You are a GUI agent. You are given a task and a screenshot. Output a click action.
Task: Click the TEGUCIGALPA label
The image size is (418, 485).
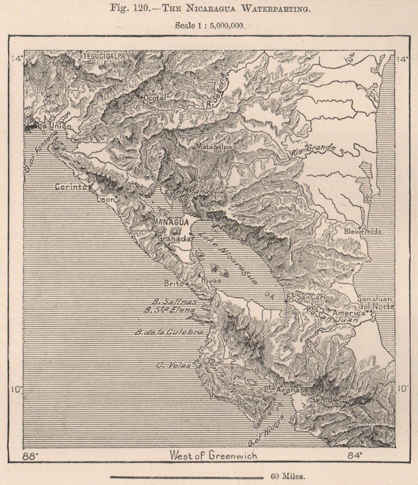pos(103,56)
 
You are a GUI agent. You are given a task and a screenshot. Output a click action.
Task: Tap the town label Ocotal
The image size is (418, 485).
pos(155,98)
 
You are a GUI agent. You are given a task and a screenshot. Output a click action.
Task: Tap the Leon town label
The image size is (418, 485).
pos(106,199)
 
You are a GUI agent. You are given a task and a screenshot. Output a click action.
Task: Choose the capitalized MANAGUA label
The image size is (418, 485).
pos(170,222)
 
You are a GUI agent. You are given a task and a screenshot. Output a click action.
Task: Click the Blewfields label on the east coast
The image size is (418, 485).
pos(363,232)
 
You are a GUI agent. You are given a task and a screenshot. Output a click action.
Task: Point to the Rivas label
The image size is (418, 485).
pos(210,280)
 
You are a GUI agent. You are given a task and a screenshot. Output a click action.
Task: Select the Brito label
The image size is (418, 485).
pos(174,283)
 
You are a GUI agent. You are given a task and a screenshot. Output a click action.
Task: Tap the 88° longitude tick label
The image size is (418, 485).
pos(32,456)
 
